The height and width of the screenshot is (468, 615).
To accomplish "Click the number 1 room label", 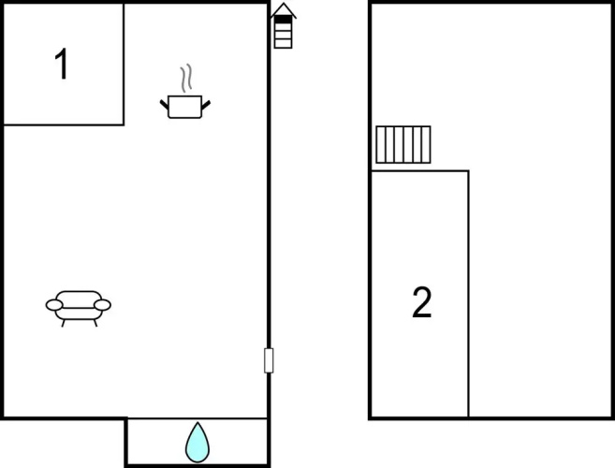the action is pos(62,64).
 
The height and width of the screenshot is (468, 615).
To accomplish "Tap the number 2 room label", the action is pos(422,302).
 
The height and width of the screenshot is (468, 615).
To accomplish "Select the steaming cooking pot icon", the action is pos(185,92).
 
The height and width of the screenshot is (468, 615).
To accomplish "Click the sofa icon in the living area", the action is pos(79,308).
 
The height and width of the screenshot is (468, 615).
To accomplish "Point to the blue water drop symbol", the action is pos(198,443).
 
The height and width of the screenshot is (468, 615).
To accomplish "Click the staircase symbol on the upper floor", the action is pos(403,144).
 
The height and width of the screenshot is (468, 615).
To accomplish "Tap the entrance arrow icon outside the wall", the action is pos(284,26).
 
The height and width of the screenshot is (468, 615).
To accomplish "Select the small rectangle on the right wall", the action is pos(269,360).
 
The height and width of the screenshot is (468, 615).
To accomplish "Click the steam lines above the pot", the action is pos(186,78).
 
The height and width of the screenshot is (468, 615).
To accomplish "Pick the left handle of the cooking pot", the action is pos(164,105).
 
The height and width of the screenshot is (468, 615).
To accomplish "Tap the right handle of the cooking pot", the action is pos(206,105).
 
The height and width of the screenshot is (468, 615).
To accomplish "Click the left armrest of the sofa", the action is pos(54,305).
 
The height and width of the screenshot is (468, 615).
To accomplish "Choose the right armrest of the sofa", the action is pos(102,305).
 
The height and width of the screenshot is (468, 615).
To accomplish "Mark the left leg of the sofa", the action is pos(63,323).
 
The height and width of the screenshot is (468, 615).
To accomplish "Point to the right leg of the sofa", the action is pos(95,323).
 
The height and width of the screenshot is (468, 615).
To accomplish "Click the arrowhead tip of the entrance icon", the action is pos(284,3).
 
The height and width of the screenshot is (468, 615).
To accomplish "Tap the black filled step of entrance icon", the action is pos(284,20).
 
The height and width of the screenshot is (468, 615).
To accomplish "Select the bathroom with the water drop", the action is pos(197,442).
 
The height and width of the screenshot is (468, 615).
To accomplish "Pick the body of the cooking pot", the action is pos(184,107).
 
